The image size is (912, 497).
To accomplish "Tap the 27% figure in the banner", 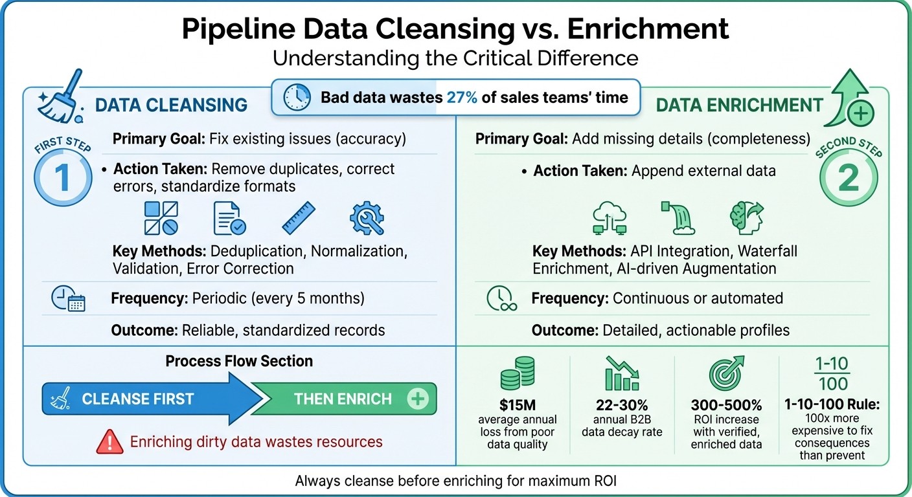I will [462, 98].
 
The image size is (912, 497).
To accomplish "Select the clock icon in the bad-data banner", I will [297, 98].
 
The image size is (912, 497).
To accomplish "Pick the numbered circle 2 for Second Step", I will [848, 179].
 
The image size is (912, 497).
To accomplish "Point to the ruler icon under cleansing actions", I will [299, 218].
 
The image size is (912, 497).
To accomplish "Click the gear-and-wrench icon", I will [367, 218].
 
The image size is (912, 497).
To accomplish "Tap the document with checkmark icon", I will [229, 218].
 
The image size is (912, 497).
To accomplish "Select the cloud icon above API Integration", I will [610, 219].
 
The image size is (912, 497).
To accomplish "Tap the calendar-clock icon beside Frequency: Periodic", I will [67, 298].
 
